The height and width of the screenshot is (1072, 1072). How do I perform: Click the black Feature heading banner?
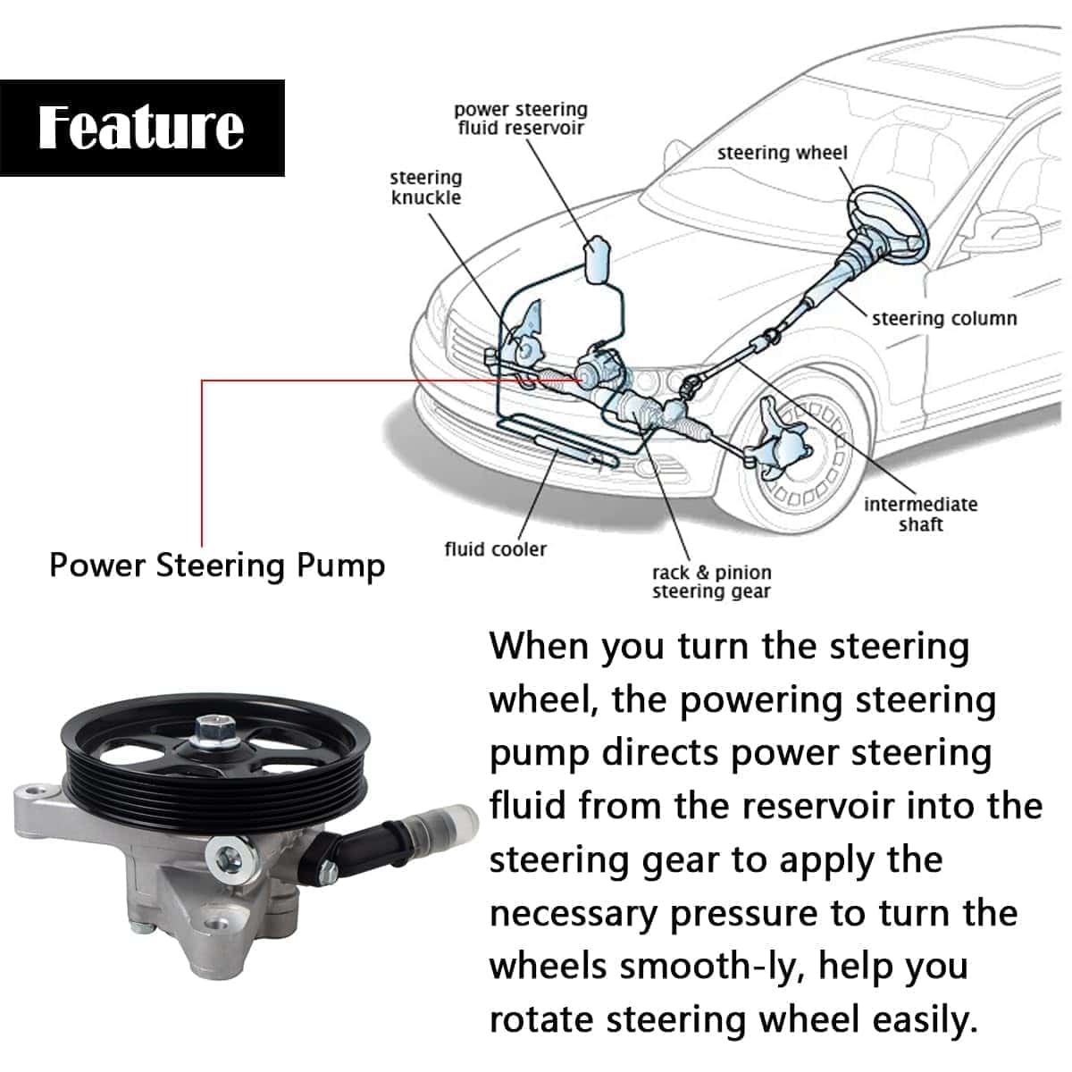(142, 128)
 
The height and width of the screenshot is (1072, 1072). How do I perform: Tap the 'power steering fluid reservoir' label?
(521, 119)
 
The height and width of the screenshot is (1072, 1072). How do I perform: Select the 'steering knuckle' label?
(426, 188)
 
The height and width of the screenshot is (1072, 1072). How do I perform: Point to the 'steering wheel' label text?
(783, 153)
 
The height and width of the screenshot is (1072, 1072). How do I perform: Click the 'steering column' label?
(944, 318)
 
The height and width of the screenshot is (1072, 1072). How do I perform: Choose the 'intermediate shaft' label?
(921, 514)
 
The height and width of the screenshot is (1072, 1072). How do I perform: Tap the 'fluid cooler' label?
(496, 549)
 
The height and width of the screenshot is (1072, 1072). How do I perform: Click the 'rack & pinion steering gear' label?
(712, 582)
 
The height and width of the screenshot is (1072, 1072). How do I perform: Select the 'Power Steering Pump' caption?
(217, 566)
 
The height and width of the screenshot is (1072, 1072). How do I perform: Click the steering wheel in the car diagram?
(887, 222)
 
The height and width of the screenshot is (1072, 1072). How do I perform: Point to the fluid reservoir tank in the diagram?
(597, 259)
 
